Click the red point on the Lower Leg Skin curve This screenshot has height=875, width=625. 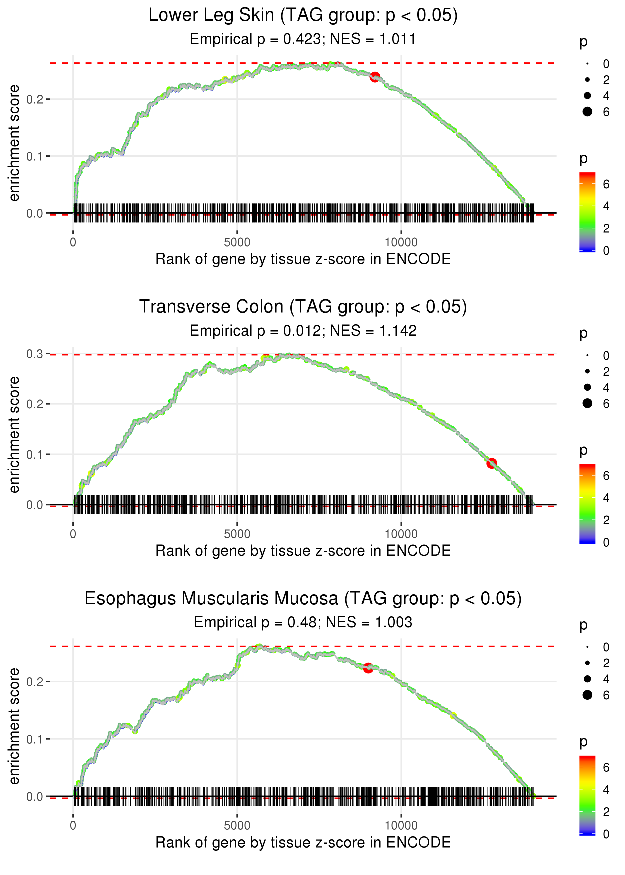tap(374, 77)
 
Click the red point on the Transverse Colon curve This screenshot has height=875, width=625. tap(491, 463)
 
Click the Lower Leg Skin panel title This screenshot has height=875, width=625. tap(303, 15)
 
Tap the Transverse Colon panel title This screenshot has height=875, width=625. tap(303, 307)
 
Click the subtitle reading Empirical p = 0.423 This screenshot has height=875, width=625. tap(303, 39)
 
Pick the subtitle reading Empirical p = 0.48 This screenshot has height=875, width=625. tap(303, 622)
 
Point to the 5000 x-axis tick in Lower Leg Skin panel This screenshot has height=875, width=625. tap(237, 242)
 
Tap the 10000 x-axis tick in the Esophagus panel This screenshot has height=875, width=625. tap(401, 825)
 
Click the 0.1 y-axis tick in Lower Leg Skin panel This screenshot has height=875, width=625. tap(35, 156)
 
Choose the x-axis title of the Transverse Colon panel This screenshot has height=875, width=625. tap(303, 551)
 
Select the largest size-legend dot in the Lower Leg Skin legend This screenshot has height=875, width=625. tap(587, 111)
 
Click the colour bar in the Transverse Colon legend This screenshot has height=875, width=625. tap(587, 503)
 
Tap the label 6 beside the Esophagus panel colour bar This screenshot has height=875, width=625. tap(606, 768)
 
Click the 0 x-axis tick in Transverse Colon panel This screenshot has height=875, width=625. tap(73, 534)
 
